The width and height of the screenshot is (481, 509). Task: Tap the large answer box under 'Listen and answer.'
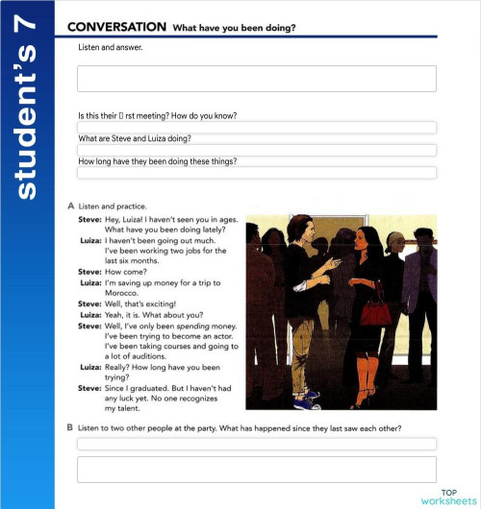click(x=256, y=79)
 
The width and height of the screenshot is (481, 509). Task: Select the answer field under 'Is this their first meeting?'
click(x=256, y=127)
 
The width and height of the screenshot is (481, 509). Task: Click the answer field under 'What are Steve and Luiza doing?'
click(x=256, y=150)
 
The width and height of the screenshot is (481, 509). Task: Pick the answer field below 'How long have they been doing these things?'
click(x=256, y=173)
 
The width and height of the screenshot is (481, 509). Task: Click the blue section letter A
click(x=72, y=206)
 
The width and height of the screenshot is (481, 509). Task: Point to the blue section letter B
click(x=72, y=427)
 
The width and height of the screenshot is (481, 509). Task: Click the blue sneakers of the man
click(x=310, y=395)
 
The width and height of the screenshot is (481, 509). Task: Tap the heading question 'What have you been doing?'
click(x=234, y=28)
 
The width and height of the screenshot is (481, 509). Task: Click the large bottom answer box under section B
click(x=256, y=469)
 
